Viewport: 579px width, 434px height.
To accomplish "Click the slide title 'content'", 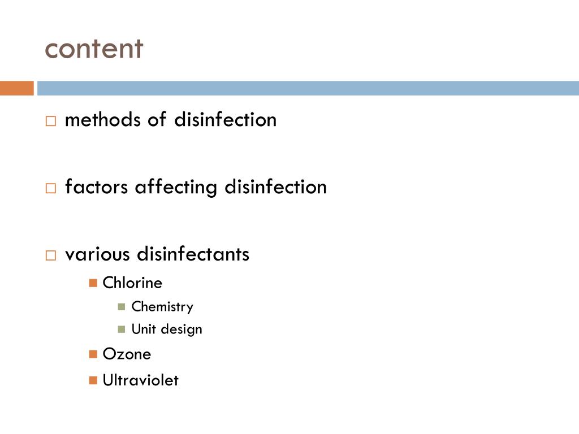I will point(94,49).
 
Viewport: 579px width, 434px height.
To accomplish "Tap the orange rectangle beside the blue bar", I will point(16,88).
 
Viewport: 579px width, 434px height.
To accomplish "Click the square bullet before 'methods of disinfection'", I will point(51,121).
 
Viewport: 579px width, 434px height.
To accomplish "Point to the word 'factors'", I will point(97,186).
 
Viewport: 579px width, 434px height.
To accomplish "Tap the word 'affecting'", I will point(176,186).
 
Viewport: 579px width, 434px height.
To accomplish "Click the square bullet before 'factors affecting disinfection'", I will point(51,188).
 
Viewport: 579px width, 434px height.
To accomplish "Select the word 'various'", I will point(98,254).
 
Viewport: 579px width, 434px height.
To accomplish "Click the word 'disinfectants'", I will point(193,254).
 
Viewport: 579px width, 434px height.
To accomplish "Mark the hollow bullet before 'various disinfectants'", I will point(51,255).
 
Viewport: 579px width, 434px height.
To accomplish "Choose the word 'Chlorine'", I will point(132,283).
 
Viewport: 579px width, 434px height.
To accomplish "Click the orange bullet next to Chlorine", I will point(93,283).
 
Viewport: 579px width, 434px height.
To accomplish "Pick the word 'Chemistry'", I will point(162,307).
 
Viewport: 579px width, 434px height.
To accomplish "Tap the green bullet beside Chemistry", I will point(122,307).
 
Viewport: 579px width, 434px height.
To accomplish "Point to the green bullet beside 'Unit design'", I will point(122,329).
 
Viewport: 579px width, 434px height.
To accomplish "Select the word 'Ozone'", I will point(127,354).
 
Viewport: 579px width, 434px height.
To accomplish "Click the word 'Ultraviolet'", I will point(140,380).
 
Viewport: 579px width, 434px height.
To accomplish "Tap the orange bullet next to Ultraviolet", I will point(93,380).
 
